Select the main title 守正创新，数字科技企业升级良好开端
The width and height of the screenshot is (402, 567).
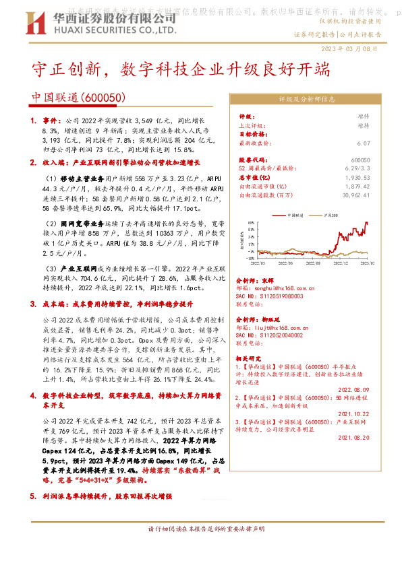182,70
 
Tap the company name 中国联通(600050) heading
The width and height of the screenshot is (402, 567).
79,98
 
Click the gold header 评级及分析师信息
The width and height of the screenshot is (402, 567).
307,99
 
